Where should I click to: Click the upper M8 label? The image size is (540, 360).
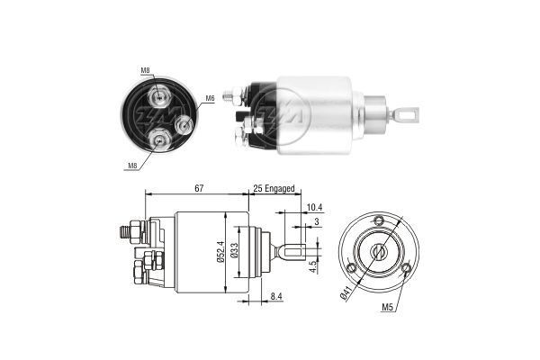[145, 69]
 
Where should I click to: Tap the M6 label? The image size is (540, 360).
[209, 98]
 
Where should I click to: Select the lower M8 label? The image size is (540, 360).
[132, 166]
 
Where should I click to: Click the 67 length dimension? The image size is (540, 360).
[199, 187]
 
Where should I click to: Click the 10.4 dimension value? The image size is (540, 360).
[312, 207]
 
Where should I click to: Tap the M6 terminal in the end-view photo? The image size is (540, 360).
[186, 121]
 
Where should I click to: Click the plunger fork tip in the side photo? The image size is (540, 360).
[413, 115]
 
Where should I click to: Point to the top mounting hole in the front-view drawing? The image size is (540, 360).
[379, 221]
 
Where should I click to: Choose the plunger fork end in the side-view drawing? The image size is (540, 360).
[292, 254]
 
